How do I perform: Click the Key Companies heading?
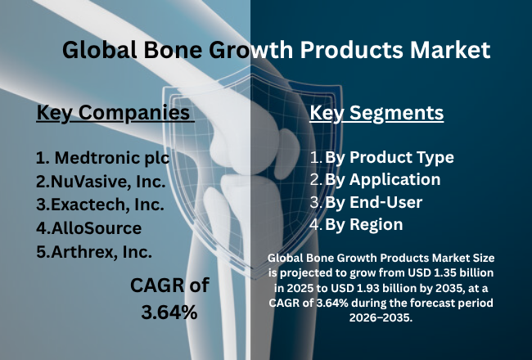(x=114, y=112)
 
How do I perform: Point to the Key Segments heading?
(x=376, y=112)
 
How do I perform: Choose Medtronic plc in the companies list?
(x=98, y=156)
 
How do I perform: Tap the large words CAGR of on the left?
(x=170, y=286)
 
